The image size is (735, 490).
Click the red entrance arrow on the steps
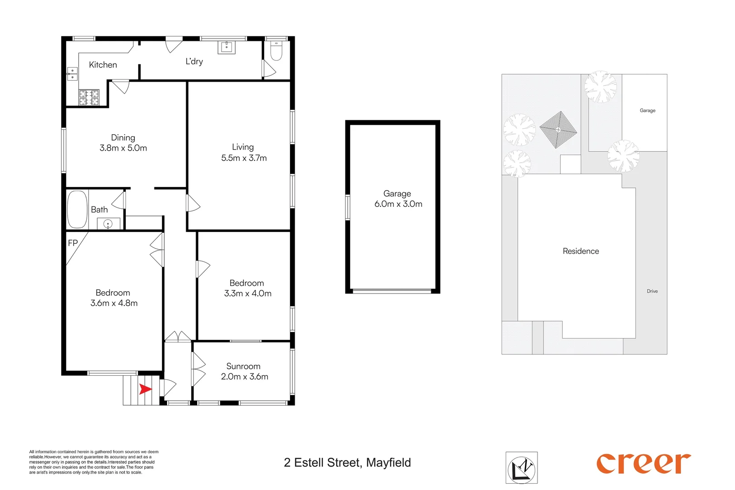[x=145, y=389]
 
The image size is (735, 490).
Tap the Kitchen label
[x=103, y=65]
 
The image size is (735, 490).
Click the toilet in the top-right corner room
[x=276, y=51]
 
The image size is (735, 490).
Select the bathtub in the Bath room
[x=77, y=209]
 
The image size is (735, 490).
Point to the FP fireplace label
[x=73, y=243]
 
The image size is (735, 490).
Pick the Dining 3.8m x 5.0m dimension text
[x=123, y=148]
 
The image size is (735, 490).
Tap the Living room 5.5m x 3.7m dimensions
[x=244, y=158]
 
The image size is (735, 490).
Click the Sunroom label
[x=243, y=366]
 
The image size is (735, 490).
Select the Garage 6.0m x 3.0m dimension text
[x=398, y=204]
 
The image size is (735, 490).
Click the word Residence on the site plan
[x=581, y=251]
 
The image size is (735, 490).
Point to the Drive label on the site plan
[x=652, y=291]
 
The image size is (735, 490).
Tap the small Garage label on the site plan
[x=647, y=111]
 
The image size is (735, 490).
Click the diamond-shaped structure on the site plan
[x=558, y=130]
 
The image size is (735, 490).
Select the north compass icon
[x=522, y=468]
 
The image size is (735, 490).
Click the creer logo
[x=643, y=464]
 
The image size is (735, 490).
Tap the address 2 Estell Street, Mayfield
[x=347, y=463]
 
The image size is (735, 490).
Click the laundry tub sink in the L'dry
[x=227, y=47]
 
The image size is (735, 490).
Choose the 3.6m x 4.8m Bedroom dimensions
[x=114, y=304]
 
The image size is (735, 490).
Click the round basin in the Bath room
[x=108, y=224]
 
